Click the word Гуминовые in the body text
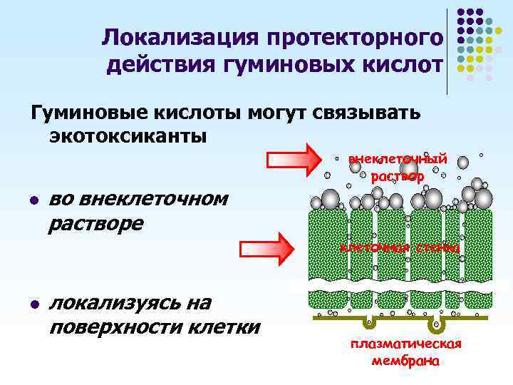coord(88,112)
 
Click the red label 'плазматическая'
coord(406,344)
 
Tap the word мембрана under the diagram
coord(406,360)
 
